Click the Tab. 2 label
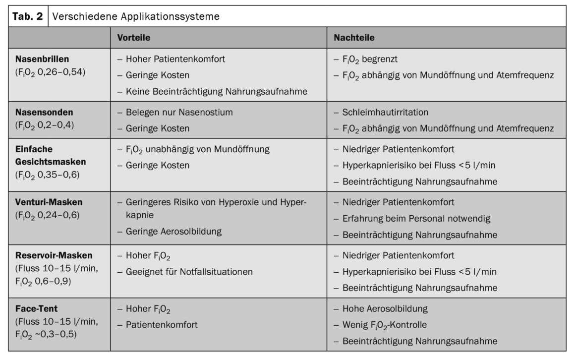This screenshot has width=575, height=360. click(x=27, y=16)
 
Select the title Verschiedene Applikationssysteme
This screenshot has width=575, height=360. click(x=136, y=16)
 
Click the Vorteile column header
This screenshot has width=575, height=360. click(x=133, y=38)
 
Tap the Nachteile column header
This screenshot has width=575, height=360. click(x=354, y=38)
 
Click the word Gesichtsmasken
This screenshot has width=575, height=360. click(x=51, y=161)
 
